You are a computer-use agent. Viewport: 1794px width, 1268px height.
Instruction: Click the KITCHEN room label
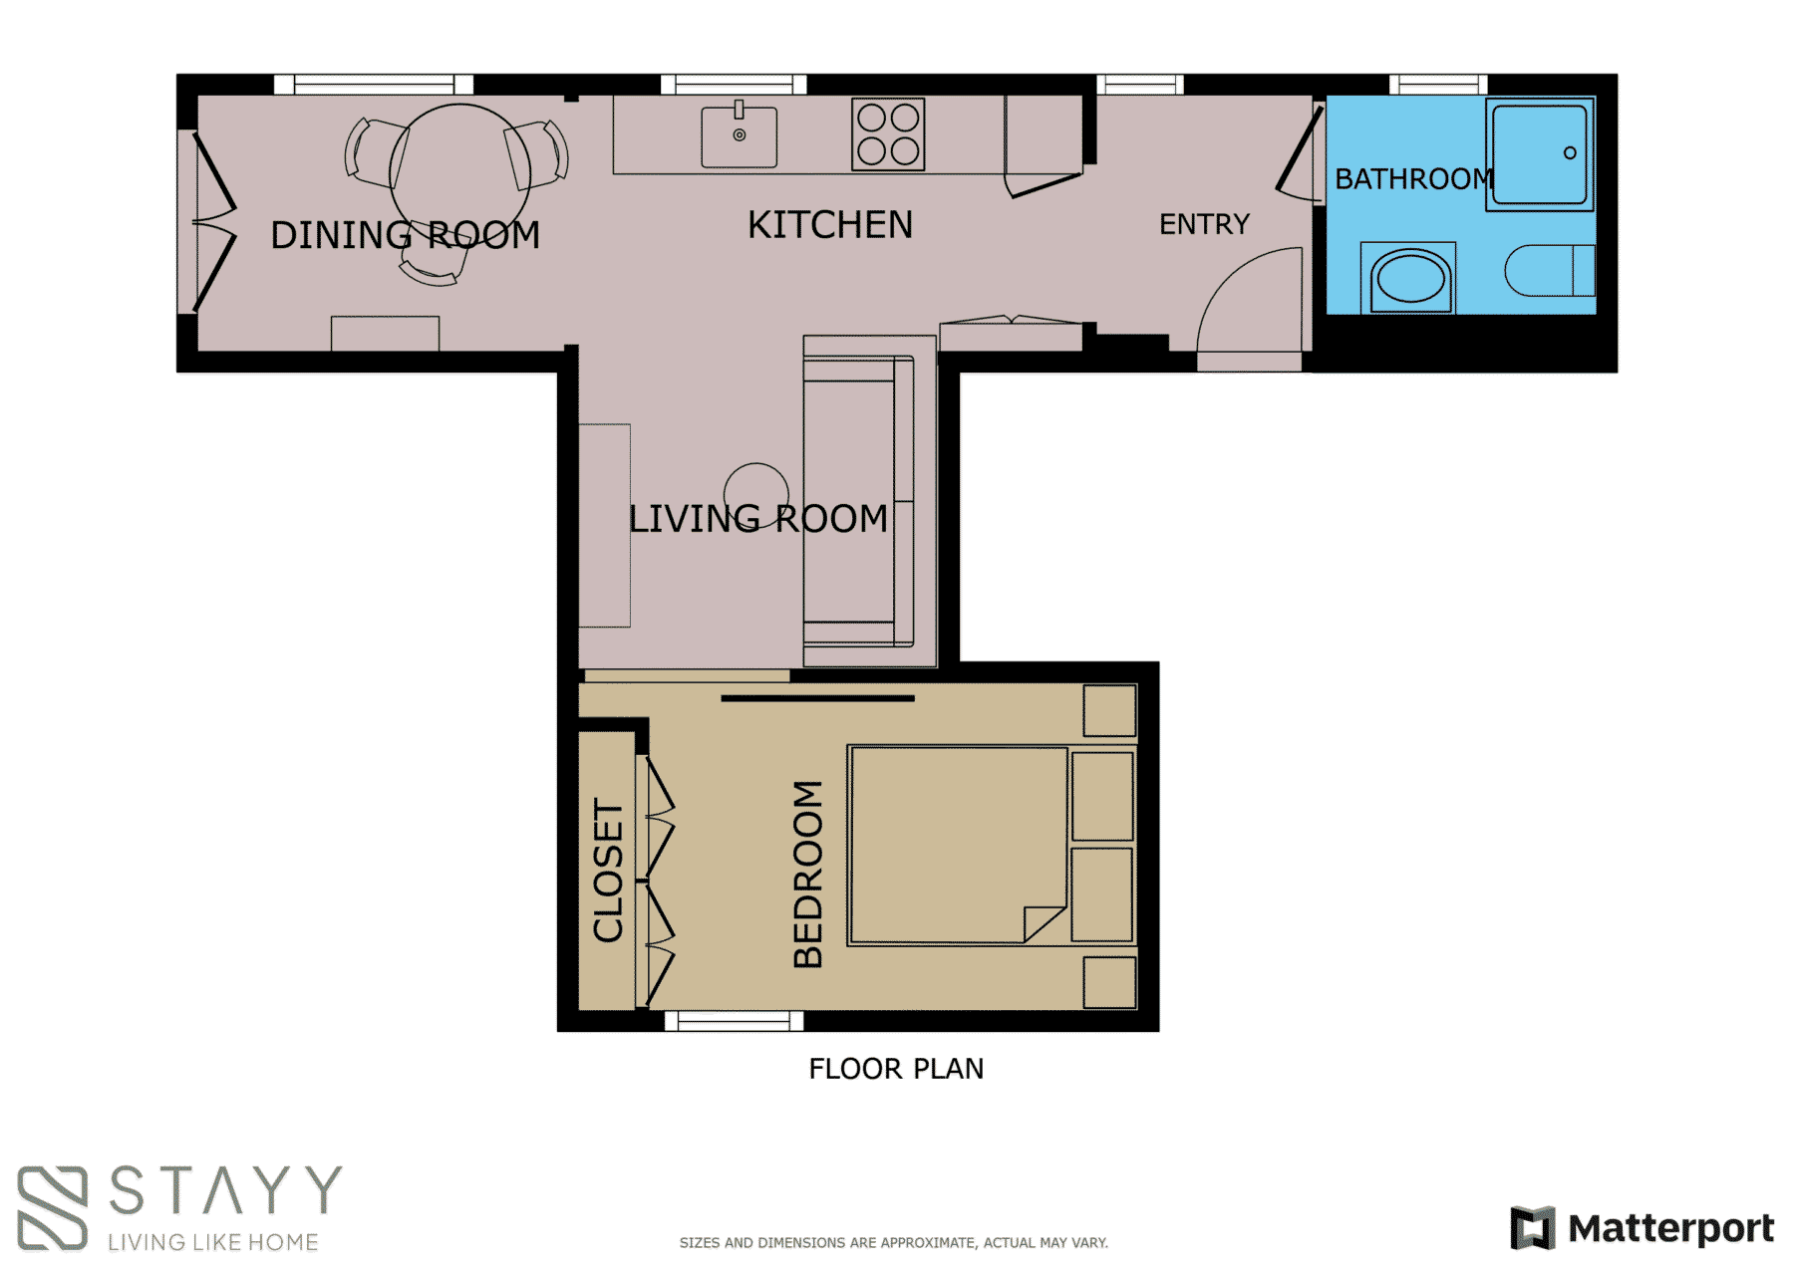coord(829,225)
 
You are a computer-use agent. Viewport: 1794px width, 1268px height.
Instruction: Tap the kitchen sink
coord(739,137)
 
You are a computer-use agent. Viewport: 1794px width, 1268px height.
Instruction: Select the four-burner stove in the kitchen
coord(888,134)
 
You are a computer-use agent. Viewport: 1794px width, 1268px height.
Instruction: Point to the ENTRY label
coord(1203,224)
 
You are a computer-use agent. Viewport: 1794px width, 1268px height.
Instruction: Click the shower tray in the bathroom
coord(1539,154)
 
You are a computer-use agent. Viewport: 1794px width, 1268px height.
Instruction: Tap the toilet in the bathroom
coord(1548,271)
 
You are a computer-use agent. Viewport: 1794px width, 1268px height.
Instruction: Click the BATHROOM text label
coord(1412,179)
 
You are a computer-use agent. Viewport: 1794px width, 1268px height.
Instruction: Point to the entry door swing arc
coord(1246,299)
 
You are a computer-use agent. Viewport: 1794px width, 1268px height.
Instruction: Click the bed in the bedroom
coord(958,845)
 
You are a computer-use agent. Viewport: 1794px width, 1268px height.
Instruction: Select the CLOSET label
coord(608,870)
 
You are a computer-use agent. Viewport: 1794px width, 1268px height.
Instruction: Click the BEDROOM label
coord(808,874)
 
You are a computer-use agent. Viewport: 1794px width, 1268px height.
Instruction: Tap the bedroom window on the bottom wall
coord(734,1021)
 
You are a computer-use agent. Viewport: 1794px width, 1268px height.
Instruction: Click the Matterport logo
coord(1642,1227)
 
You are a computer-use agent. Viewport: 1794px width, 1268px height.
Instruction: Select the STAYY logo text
coord(225,1190)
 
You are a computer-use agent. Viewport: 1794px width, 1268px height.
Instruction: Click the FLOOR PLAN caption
coord(895,1069)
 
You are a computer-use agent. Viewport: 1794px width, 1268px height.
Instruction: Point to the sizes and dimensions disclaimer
coord(893,1242)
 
